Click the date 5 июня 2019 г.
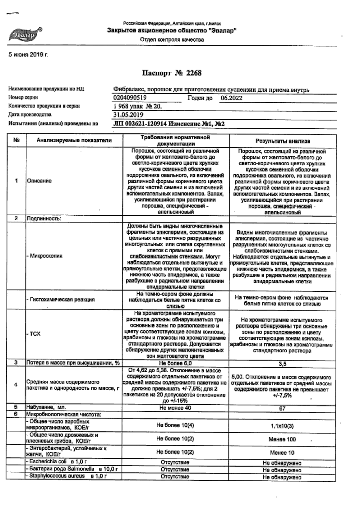tap(29, 55)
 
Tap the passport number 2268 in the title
tap(194, 73)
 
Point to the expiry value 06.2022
tap(231, 98)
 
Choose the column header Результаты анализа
tap(283, 141)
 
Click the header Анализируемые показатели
tap(74, 140)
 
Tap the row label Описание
tap(39, 181)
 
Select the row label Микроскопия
tap(46, 256)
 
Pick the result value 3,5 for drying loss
tap(282, 364)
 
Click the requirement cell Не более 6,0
tap(175, 363)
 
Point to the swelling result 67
tap(282, 409)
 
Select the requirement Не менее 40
tap(175, 408)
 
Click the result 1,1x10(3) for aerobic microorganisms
tap(282, 426)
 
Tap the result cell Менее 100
tap(282, 439)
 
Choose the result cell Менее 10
tap(282, 453)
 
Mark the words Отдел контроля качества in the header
tap(172, 40)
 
